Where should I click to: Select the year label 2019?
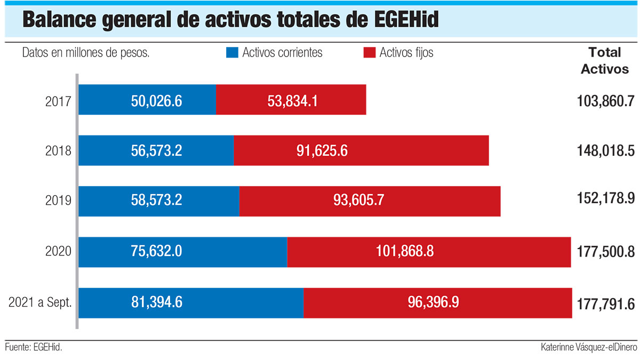tap(59, 202)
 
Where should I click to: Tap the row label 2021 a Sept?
tap(41, 303)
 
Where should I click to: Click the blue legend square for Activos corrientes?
tap(232, 52)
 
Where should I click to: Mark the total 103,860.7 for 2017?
tap(605, 100)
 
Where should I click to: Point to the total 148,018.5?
tap(605, 150)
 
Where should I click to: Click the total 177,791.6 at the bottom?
tap(605, 304)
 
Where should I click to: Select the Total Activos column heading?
tap(604, 61)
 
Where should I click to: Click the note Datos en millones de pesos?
tap(85, 53)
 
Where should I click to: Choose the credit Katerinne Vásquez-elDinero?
tap(588, 347)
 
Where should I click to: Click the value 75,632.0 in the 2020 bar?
tap(157, 252)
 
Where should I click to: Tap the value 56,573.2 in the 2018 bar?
tap(157, 151)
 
